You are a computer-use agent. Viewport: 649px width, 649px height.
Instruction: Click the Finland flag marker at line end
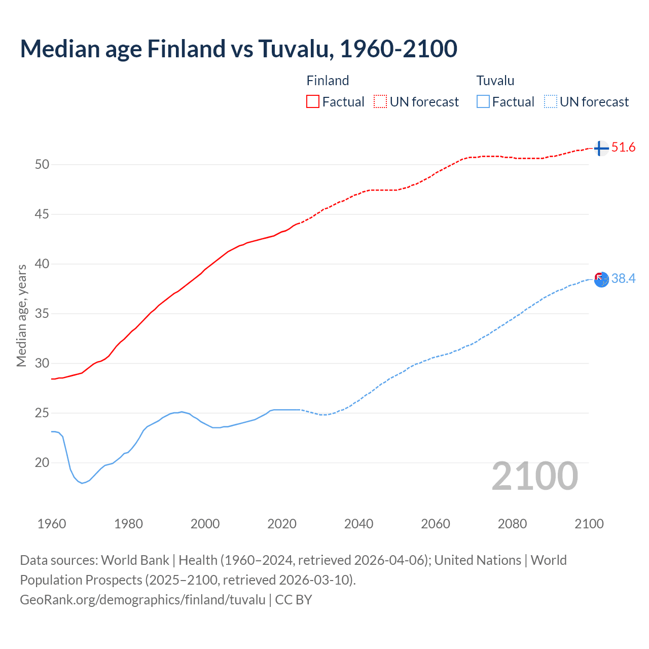click(x=601, y=148)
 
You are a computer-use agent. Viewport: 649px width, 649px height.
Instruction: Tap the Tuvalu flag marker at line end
click(x=601, y=279)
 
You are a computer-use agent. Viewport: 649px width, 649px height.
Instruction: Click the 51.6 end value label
click(x=623, y=148)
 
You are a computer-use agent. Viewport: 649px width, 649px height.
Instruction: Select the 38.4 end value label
click(x=623, y=278)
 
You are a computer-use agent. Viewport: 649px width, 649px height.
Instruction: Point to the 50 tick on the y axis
click(x=42, y=164)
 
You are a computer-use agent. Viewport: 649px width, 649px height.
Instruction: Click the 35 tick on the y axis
click(x=42, y=313)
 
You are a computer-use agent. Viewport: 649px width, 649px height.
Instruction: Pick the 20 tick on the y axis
click(x=42, y=462)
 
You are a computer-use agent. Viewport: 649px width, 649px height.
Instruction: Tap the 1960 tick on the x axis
click(x=52, y=524)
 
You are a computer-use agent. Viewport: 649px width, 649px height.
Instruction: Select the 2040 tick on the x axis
click(x=358, y=524)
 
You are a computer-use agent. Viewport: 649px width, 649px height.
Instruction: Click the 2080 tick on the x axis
click(x=512, y=524)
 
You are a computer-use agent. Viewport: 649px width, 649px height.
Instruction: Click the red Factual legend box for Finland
click(x=313, y=101)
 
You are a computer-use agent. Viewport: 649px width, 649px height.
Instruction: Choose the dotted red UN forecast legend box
click(x=380, y=101)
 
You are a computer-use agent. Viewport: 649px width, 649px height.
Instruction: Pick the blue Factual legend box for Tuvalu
click(x=483, y=101)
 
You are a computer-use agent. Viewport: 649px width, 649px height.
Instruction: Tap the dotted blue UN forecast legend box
click(x=550, y=101)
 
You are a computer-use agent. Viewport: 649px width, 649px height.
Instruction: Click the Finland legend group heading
click(x=328, y=81)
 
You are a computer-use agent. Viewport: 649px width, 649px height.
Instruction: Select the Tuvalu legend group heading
click(x=495, y=81)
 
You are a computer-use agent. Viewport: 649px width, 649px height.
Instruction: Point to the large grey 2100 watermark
click(x=535, y=476)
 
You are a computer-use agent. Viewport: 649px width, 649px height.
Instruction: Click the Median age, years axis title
click(x=21, y=315)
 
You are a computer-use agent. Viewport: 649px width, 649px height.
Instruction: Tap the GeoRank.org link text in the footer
click(x=142, y=600)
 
